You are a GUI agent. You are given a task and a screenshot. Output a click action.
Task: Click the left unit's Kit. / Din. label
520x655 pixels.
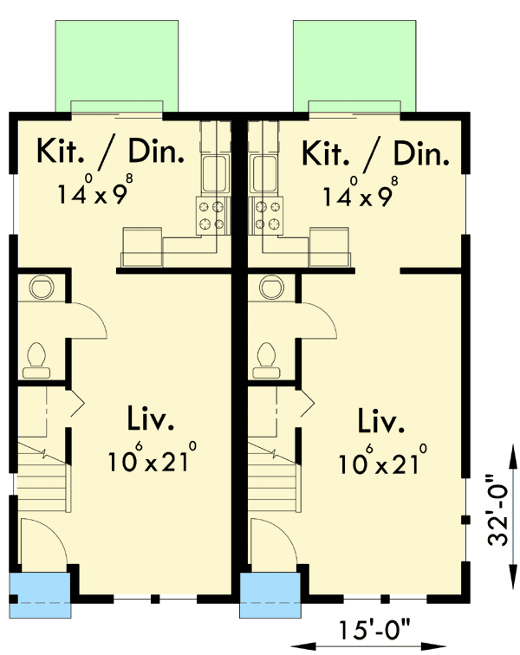click(110, 152)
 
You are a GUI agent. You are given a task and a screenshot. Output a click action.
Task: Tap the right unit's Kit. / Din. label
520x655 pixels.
click(376, 152)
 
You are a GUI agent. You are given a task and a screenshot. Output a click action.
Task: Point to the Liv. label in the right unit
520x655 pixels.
click(381, 422)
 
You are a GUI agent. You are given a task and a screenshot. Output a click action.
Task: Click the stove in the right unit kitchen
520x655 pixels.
click(267, 215)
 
